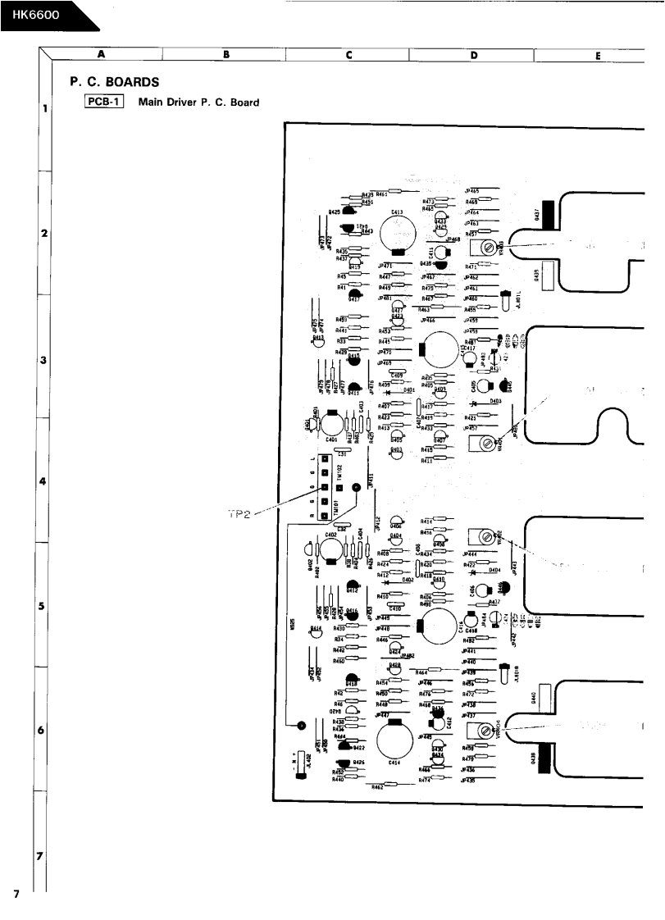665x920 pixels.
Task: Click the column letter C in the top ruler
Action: tap(349, 55)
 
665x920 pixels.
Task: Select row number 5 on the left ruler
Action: tap(43, 606)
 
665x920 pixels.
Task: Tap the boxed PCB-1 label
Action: tap(103, 102)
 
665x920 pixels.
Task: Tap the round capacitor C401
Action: tap(331, 424)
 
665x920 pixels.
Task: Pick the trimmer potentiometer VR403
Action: tap(489, 247)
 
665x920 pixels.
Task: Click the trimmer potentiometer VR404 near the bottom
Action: tap(488, 731)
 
